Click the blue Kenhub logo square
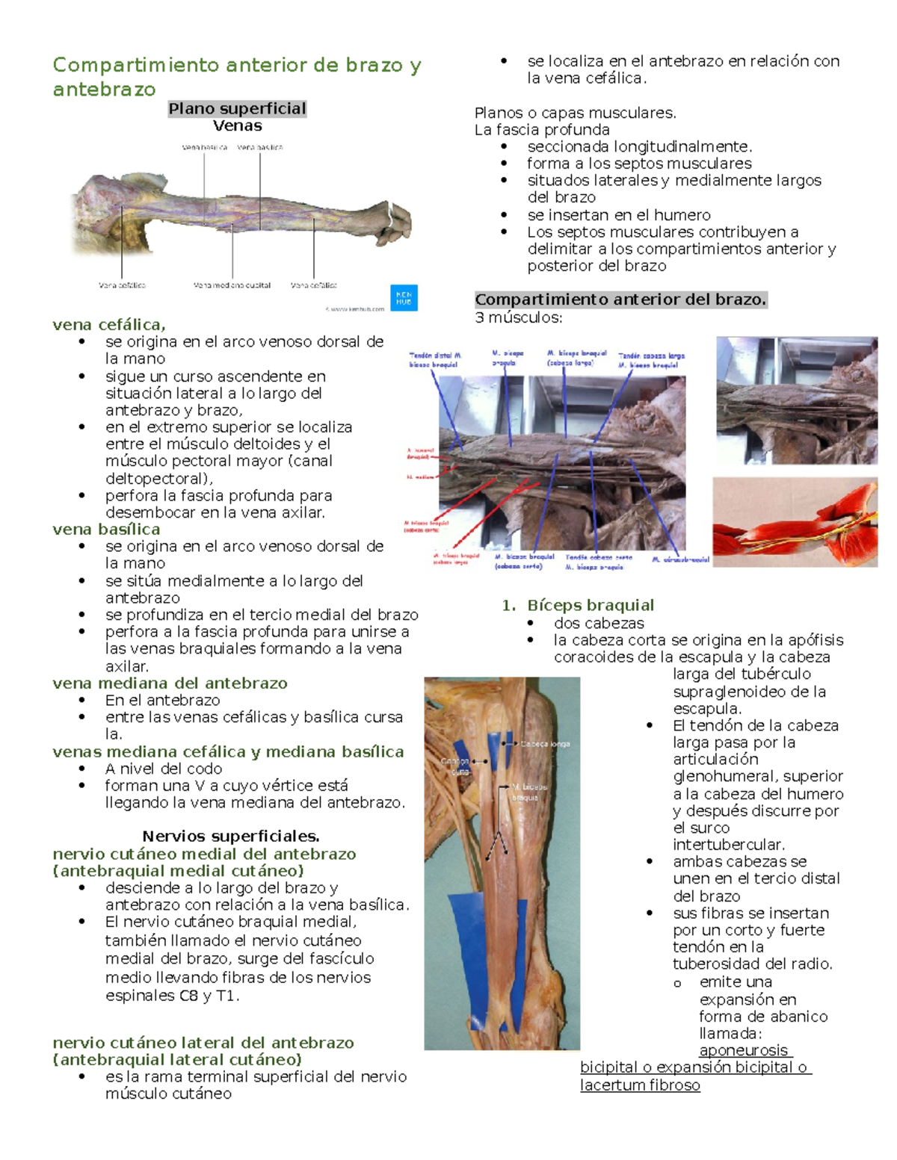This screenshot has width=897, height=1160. pos(404,297)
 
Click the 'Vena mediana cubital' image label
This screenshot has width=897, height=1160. pos(232,285)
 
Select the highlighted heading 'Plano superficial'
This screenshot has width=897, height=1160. pos(237,109)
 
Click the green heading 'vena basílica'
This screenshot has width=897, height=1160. pos(106,530)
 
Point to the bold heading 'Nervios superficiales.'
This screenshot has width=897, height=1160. pos(231,837)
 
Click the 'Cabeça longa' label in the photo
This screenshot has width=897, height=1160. pos(545,744)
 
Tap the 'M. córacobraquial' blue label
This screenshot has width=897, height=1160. pos(680,559)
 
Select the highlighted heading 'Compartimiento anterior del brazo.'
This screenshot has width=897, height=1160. pos(621,300)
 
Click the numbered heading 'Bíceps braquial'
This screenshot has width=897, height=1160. pos(590,605)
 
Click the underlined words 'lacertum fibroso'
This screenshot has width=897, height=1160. pos(640,1085)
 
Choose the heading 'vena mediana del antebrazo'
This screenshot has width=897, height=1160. pos(170,683)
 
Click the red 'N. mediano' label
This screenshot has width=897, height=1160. pos(420,477)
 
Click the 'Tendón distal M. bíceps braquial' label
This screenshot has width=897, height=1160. pos(435,360)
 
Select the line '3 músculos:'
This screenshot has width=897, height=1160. pos(519,317)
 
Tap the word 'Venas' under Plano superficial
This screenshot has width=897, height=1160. pos(237,126)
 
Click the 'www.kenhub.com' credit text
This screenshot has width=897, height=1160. pos(357,308)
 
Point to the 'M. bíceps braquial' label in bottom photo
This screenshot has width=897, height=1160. pos(529,792)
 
